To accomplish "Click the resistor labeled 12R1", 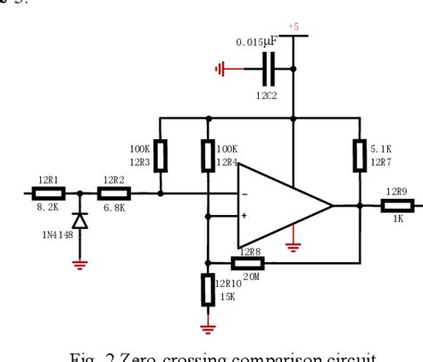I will (47, 192).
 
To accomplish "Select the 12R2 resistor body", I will (112, 192).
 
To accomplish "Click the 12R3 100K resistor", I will (161, 156).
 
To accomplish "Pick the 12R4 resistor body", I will (208, 156).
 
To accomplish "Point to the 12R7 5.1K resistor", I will (360, 157).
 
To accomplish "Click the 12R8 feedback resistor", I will (247, 262).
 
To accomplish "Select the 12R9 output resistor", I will (396, 205).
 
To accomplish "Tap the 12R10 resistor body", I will (208, 290).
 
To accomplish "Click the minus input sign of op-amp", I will (244, 193).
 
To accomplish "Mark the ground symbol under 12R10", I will (208, 327).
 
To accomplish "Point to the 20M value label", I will (250, 276).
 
